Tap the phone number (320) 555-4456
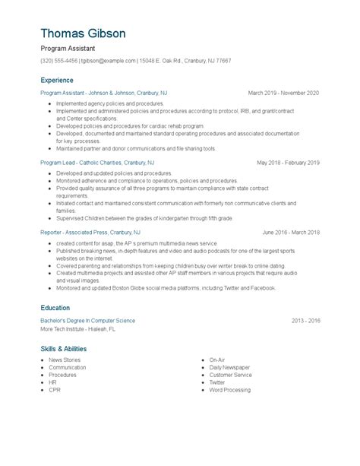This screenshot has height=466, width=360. click(59, 61)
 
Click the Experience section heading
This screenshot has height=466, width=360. click(58, 80)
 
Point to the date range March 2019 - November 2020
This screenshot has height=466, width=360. click(283, 93)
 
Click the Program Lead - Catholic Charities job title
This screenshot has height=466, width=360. click(97, 163)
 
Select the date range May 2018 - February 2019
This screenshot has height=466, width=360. click(288, 163)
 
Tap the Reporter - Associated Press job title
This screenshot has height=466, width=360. click(90, 232)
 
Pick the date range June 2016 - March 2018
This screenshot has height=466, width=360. click(291, 232)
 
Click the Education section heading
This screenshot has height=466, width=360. click(56, 308)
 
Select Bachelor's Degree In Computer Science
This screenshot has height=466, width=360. click(88, 321)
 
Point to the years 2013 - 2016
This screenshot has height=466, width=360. click(305, 321)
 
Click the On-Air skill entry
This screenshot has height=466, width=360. click(217, 360)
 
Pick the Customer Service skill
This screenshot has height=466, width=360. click(231, 375)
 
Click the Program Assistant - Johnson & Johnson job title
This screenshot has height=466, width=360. click(104, 93)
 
